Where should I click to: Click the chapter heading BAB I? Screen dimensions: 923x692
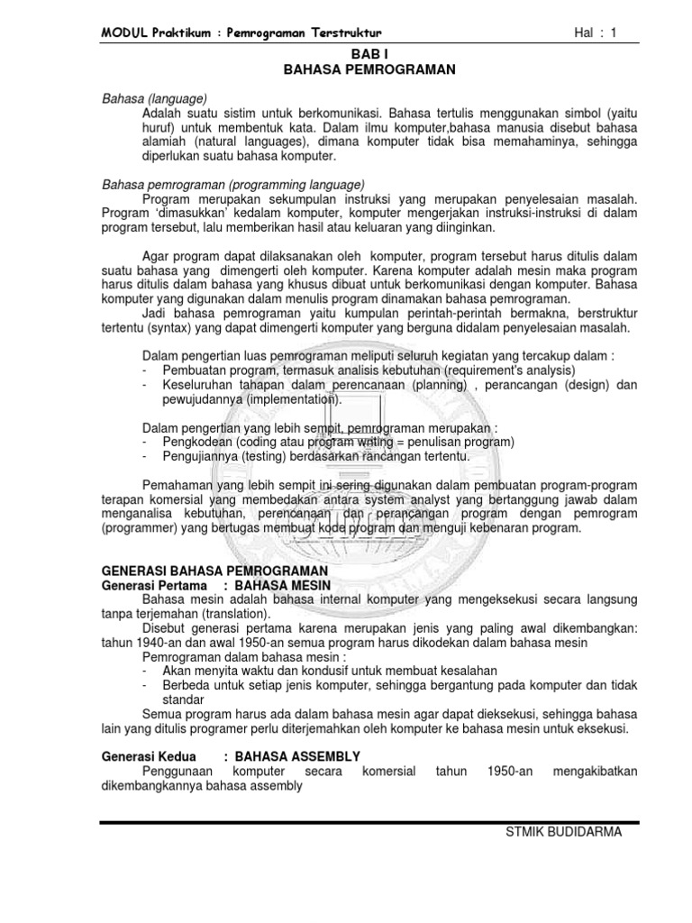point(346,54)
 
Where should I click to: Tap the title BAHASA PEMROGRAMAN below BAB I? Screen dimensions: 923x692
point(346,69)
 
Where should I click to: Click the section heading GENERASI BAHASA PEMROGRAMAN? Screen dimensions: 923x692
point(214,571)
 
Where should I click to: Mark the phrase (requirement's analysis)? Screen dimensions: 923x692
point(494,370)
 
